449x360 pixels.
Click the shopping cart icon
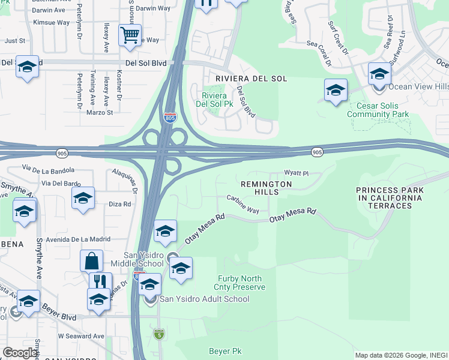click(x=130, y=35)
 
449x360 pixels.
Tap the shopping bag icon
click(x=91, y=261)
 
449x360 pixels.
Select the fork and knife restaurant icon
click(x=100, y=282)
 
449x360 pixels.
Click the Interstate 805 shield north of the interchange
click(x=170, y=117)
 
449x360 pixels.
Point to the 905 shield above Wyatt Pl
click(x=318, y=153)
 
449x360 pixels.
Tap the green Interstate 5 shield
click(x=158, y=333)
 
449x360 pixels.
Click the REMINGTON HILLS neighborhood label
click(x=267, y=188)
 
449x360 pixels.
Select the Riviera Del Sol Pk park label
click(x=217, y=100)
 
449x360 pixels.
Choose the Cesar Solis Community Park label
click(x=378, y=109)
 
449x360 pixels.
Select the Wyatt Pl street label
click(x=296, y=173)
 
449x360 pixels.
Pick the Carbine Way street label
click(x=243, y=203)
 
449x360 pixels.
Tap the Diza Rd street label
click(x=120, y=204)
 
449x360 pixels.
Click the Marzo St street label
click(x=99, y=112)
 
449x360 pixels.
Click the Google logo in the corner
click(x=20, y=353)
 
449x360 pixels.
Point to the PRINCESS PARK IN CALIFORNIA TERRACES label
click(x=389, y=197)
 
